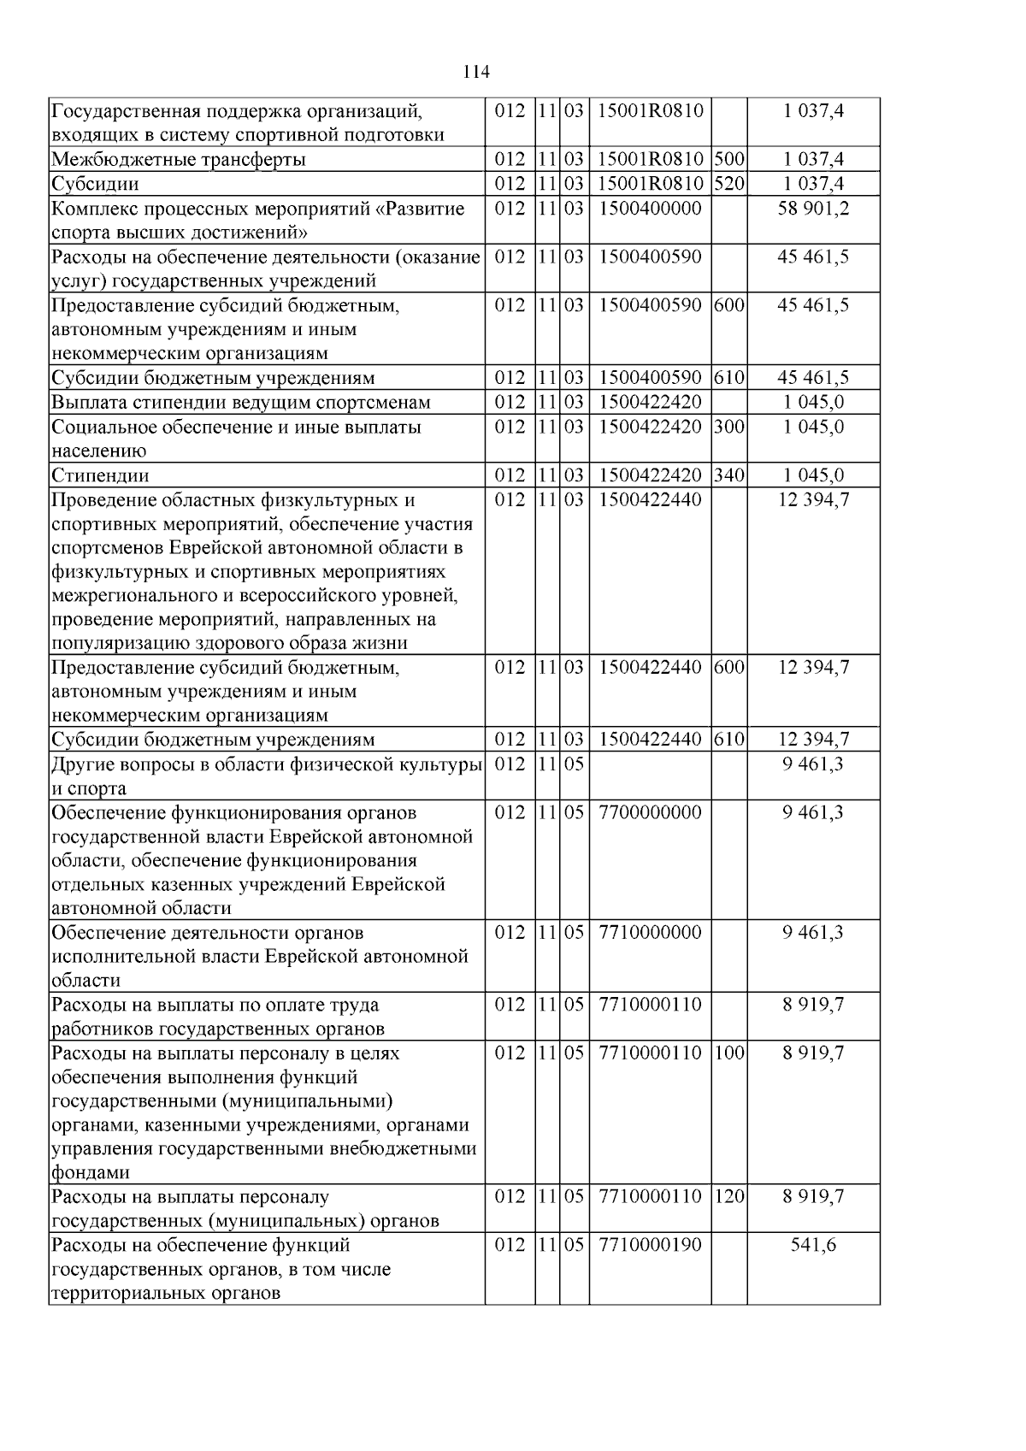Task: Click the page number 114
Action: pos(476,72)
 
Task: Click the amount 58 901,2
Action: pos(813,209)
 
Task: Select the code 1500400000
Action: pos(650,209)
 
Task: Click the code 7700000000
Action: pos(650,812)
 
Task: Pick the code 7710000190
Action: pos(650,1245)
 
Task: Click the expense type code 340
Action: pos(728,475)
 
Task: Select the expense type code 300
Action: pos(728,427)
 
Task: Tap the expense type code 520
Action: pos(728,184)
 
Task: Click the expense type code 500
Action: pos(728,159)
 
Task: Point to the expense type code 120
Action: pos(728,1196)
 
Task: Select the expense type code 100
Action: pos(728,1053)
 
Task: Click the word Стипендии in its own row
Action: pos(100,475)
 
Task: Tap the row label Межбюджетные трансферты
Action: pos(179,160)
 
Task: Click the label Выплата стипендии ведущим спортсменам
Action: pos(240,403)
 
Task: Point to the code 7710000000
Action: pos(650,932)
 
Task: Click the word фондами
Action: pos(90,1173)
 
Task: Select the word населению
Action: pos(98,451)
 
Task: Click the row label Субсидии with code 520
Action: pos(95,184)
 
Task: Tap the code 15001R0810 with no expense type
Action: pos(650,110)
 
